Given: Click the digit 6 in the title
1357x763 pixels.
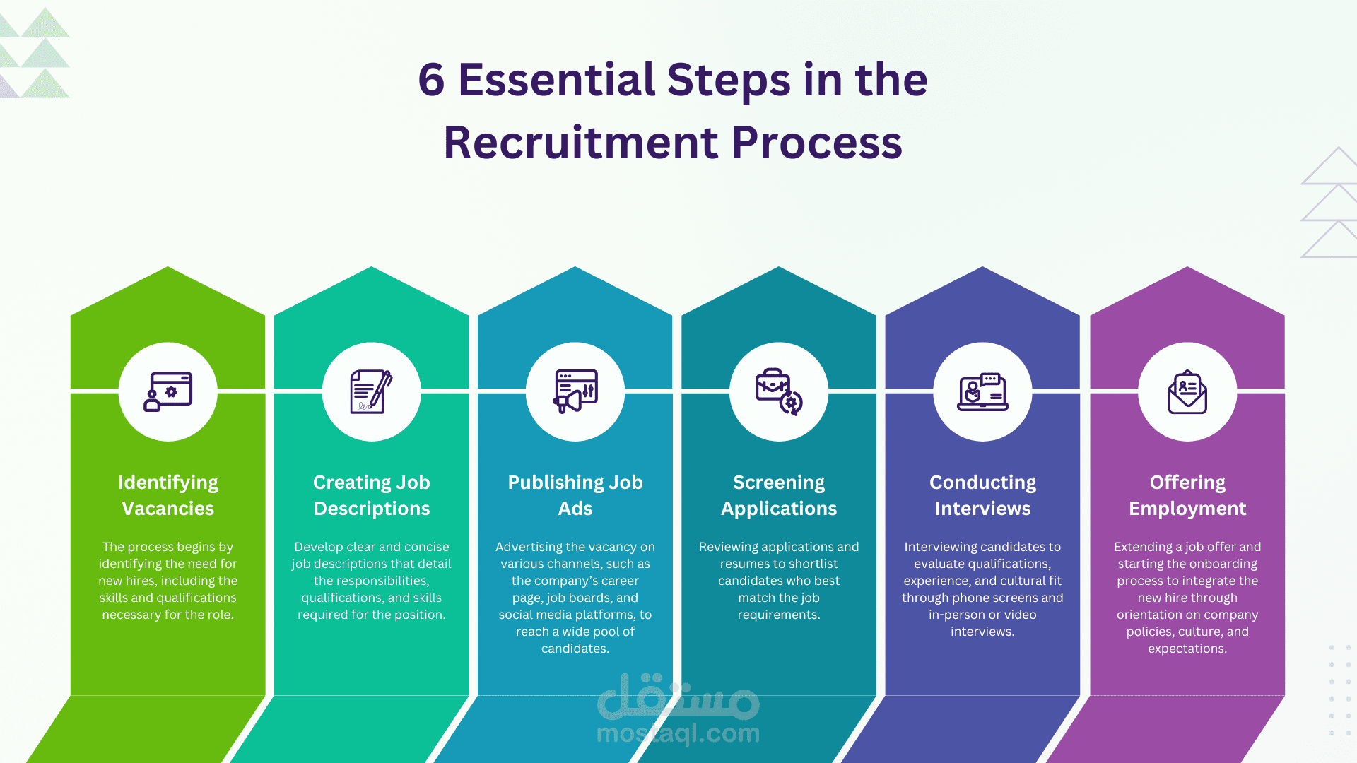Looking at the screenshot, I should click(x=431, y=80).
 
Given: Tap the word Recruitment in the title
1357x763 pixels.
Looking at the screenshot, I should click(x=580, y=143).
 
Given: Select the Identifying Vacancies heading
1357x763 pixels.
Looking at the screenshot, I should click(x=168, y=495).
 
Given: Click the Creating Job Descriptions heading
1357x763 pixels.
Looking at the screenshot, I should click(x=371, y=495).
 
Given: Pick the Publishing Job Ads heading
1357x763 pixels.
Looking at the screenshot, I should click(x=575, y=495).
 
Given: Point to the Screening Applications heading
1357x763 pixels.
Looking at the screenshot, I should click(x=778, y=495).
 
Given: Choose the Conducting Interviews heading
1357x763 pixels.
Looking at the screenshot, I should click(x=982, y=495).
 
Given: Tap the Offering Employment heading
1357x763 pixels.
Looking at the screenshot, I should click(x=1187, y=495).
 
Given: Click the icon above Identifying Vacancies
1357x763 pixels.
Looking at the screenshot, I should click(x=168, y=392).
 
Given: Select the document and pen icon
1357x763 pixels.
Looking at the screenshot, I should click(x=371, y=392).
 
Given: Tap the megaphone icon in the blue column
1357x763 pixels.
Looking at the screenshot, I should click(x=575, y=392).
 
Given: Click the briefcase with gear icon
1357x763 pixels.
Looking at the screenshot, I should click(x=778, y=392).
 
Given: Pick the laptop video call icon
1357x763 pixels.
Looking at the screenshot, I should click(x=982, y=392).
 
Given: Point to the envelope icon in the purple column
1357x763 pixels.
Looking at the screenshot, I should click(x=1187, y=392).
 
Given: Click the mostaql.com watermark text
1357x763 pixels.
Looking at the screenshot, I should click(x=678, y=734).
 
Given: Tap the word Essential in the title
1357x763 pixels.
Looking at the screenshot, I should click(x=556, y=80).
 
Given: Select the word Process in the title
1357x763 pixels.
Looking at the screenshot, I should click(x=816, y=143).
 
